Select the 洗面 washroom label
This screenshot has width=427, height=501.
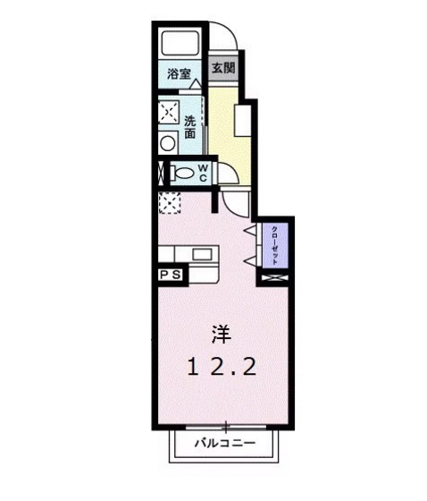[190, 126]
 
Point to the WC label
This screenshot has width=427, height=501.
[203, 172]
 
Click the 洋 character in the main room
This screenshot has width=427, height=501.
[222, 335]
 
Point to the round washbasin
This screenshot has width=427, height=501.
[167, 141]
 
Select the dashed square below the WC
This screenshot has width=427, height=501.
[169, 203]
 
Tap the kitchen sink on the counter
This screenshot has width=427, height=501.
[203, 254]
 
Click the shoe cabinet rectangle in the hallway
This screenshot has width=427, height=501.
[240, 120]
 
